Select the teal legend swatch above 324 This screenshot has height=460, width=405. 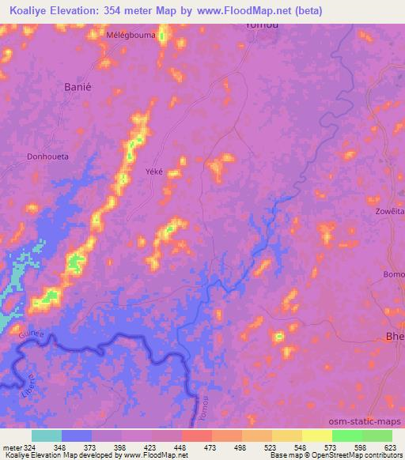(x=47, y=435)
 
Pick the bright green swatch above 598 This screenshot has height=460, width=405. (x=347, y=435)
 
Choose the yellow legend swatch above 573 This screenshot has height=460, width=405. (x=317, y=435)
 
